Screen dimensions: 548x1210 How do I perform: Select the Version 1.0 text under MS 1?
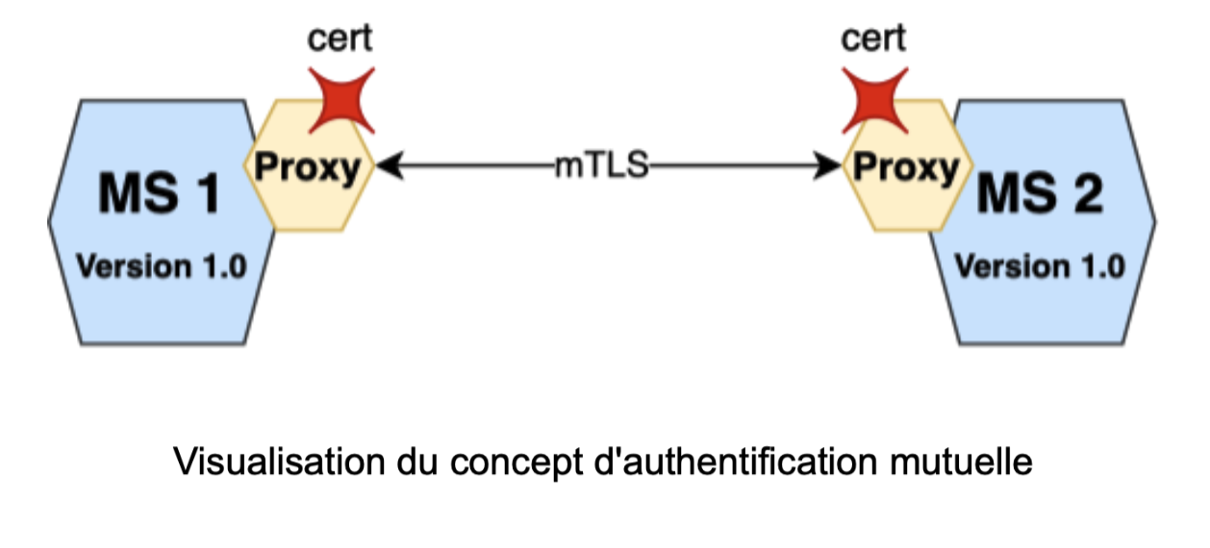point(161,266)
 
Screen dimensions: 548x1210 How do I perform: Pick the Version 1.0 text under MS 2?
point(1040,266)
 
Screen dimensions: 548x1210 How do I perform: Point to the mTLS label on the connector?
point(603,166)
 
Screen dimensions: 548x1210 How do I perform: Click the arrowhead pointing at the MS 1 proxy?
point(386,167)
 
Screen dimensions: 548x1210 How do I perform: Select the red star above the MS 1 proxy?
point(340,99)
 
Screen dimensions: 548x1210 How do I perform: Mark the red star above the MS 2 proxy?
point(874,99)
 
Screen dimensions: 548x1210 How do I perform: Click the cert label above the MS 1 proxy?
point(340,39)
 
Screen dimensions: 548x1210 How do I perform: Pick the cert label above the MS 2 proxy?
point(873,39)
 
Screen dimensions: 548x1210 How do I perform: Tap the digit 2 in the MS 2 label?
point(1088,196)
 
